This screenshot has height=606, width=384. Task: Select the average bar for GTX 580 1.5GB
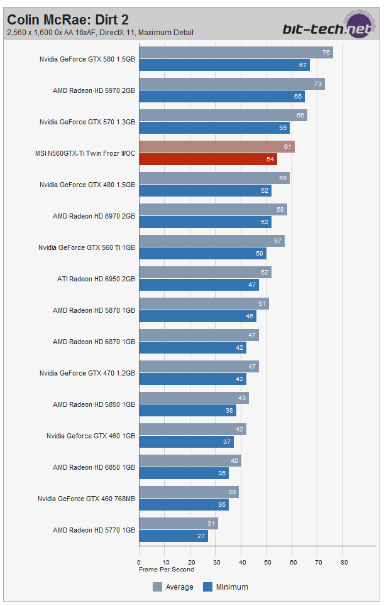click(236, 53)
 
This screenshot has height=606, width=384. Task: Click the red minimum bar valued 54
click(207, 159)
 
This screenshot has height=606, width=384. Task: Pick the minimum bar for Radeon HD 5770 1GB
click(173, 536)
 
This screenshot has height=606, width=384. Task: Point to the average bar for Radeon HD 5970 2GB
click(231, 84)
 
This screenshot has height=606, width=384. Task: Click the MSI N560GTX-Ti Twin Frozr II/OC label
click(85, 153)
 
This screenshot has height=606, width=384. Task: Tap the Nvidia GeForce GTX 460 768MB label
click(87, 499)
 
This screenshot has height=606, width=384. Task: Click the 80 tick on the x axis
click(344, 563)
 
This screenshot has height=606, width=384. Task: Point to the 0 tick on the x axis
click(139, 563)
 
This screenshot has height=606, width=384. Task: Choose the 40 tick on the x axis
click(241, 563)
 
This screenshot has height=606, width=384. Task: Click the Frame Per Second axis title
click(167, 570)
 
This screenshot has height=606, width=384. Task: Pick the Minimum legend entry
click(226, 587)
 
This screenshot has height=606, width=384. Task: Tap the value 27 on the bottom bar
click(201, 536)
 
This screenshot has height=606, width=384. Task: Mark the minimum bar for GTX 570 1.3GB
click(214, 127)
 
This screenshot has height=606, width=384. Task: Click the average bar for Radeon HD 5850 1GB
click(194, 398)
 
